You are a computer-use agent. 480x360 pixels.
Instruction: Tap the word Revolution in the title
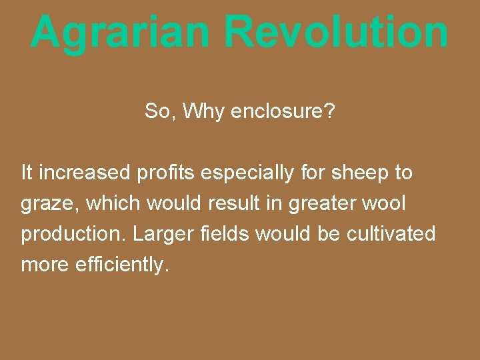pos(336,31)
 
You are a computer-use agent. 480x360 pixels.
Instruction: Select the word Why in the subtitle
pos(204,111)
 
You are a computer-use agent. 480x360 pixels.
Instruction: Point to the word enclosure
pos(277,111)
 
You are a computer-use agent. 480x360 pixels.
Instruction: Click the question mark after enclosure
pos(330,111)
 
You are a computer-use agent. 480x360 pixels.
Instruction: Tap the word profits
pos(164,173)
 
